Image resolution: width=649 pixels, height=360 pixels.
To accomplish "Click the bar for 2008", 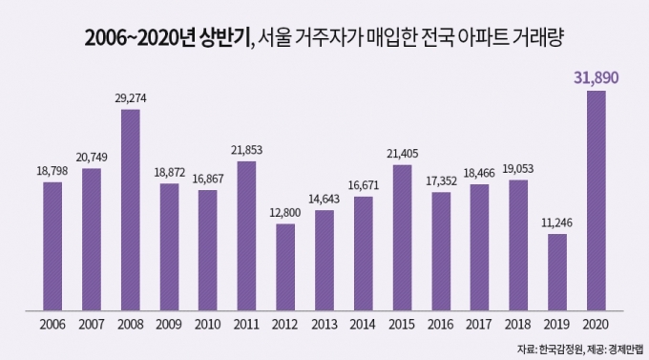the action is coord(131,210).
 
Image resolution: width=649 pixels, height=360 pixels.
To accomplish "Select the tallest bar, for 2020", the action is coord(597,201).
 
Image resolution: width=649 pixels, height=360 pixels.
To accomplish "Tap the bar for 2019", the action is coord(557,272).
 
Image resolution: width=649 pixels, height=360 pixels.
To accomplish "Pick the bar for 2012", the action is coord(285,267).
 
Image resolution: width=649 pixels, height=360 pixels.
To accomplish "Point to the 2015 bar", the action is coord(403,238).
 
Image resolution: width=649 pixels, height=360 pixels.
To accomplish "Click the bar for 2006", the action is coord(52,246).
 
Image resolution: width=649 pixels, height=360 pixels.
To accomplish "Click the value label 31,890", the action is coord(597,78).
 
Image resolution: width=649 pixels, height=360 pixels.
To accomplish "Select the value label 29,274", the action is coord(131,98).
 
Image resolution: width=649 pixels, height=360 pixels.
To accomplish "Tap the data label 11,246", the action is coord(557,222).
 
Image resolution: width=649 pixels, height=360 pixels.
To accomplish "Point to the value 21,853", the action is coord(246,150).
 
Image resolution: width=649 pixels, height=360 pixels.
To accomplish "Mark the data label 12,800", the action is coord(285,213).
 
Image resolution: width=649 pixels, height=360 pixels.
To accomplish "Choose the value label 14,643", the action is coord(324,199).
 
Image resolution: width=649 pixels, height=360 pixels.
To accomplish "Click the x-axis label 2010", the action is coord(207,324).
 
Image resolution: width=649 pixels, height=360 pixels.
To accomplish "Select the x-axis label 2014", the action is coord(363,324).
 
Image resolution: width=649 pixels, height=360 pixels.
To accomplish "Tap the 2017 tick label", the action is coord(479,324).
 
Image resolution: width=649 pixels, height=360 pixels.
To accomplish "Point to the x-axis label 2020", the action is coord(596,324).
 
